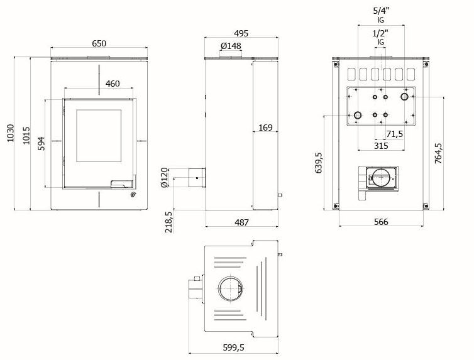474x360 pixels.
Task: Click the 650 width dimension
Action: [x=99, y=43]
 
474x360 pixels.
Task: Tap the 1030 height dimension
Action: [x=11, y=133]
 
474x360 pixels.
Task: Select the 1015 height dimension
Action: [x=26, y=135]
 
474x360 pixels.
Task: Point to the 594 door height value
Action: [x=41, y=143]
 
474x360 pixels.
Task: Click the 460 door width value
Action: [x=113, y=84]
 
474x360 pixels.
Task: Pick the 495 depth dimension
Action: [x=241, y=33]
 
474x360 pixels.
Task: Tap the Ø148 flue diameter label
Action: [x=231, y=46]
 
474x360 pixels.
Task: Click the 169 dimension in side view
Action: [x=265, y=128]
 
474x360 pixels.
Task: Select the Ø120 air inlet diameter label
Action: [x=164, y=178]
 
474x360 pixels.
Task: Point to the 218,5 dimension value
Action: [x=168, y=222]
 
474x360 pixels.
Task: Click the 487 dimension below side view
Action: [x=241, y=222]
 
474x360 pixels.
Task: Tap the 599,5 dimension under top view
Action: [x=233, y=347]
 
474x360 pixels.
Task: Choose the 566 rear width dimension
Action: [x=381, y=222]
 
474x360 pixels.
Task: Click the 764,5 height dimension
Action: [x=438, y=153]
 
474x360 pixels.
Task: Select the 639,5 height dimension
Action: [x=319, y=163]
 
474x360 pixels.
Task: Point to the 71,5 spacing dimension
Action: [x=395, y=134]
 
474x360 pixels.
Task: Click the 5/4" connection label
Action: [x=380, y=11]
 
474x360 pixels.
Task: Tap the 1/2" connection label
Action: [x=380, y=33]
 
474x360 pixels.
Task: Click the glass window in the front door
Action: [x=99, y=136]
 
